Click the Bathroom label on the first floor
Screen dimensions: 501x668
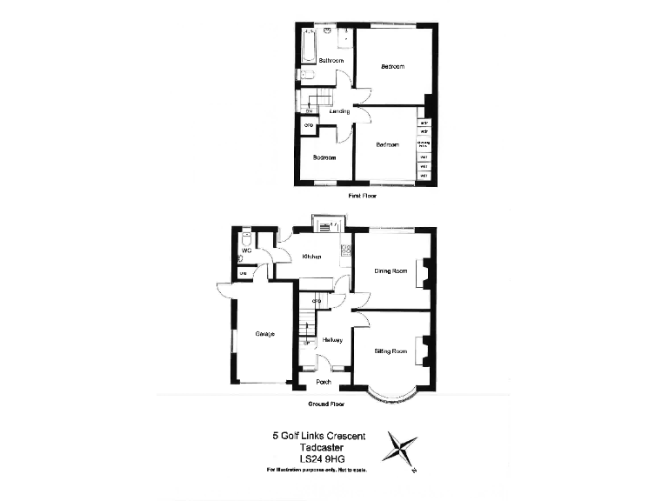(331, 61)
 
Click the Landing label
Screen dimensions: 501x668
(339, 111)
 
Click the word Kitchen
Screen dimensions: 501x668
(311, 257)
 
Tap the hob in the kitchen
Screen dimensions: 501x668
(345, 251)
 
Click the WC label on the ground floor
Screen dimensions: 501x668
(246, 250)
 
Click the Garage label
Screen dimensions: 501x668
(264, 333)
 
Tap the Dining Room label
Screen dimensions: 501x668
(391, 271)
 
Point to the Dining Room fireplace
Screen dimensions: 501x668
(424, 272)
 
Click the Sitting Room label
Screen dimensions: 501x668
(391, 351)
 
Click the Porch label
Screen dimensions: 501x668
(323, 381)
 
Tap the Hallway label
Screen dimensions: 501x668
(331, 339)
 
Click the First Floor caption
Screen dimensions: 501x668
(363, 197)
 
